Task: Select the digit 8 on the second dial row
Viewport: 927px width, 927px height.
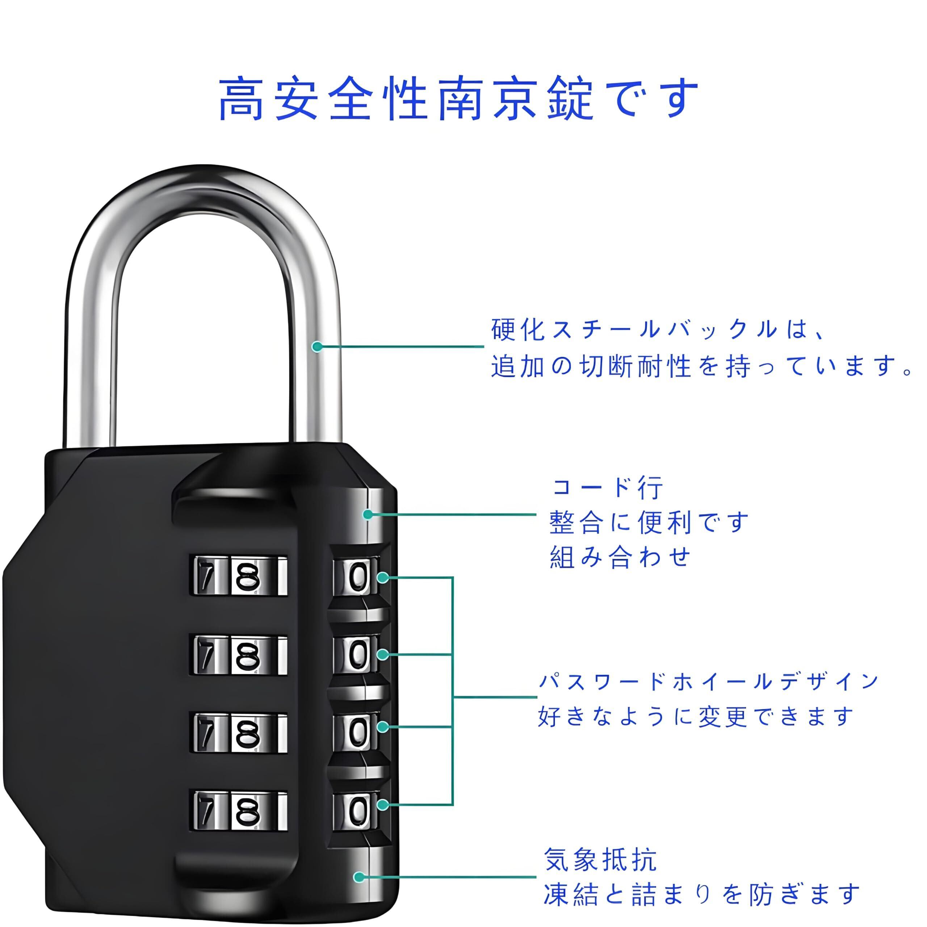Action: (x=248, y=656)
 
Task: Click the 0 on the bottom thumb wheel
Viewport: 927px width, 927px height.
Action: (x=357, y=810)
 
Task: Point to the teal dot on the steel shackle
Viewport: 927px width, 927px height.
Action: (x=317, y=347)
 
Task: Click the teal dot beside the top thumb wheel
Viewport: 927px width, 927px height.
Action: (x=382, y=577)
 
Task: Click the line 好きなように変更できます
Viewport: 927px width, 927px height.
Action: (x=696, y=716)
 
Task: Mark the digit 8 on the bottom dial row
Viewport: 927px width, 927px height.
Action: (x=248, y=811)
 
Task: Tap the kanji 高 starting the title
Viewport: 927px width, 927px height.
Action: (x=242, y=98)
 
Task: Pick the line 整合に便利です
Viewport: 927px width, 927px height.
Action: (x=648, y=523)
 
